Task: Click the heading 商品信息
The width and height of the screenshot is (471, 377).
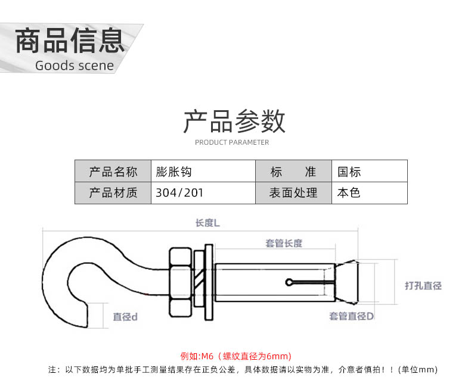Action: point(70,40)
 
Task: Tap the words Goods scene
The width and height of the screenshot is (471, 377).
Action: point(75,66)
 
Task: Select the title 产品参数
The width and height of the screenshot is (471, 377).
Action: point(234,121)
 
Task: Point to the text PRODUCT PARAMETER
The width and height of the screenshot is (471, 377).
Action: point(232,142)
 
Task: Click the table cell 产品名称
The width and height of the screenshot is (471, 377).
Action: point(113,172)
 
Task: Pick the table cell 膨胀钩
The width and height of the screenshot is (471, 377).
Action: point(203,172)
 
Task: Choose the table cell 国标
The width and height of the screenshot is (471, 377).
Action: point(370,172)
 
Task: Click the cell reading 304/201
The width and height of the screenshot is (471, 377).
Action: point(203,193)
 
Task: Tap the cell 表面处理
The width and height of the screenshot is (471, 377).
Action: point(293,193)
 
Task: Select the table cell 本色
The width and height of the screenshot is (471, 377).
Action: point(370,193)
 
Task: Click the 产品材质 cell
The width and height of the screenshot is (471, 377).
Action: point(113,193)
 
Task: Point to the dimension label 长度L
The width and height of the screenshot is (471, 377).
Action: point(207,223)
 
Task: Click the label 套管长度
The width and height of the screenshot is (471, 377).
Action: point(284,243)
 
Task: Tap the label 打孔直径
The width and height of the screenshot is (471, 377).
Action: point(423,285)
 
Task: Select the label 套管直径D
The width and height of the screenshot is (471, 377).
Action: point(351,316)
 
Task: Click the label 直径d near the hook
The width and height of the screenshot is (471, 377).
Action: point(125,317)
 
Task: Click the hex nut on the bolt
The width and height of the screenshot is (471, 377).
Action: point(180,282)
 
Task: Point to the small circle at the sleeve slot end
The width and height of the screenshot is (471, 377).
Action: point(289,282)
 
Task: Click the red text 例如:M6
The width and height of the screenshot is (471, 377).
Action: point(197,356)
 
